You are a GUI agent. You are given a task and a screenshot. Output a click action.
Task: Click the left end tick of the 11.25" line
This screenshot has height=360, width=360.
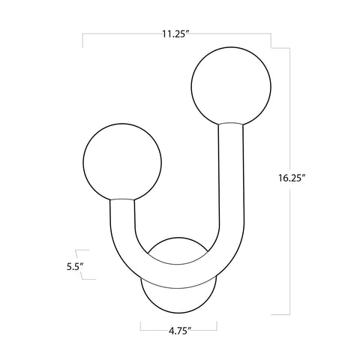coord(82,40)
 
